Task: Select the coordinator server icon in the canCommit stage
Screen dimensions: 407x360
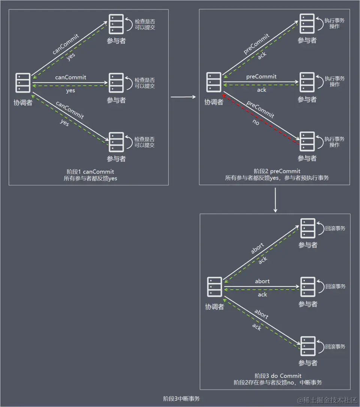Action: tap(23, 83)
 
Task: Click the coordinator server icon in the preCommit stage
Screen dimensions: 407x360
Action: tap(214, 82)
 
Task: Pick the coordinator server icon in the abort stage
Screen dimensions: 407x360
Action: tap(214, 287)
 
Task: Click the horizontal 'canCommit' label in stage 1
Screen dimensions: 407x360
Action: tap(70, 77)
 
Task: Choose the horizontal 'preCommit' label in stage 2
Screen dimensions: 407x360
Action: tap(261, 77)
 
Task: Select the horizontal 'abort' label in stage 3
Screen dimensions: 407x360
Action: tap(262, 281)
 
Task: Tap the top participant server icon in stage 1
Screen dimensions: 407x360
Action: tap(116, 24)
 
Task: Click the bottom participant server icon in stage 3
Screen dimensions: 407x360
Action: tap(308, 346)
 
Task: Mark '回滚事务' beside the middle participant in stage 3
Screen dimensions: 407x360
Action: tap(335, 286)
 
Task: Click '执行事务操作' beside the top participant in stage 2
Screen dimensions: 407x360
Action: tap(334, 23)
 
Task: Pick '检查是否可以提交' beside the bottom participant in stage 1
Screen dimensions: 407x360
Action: tap(144, 142)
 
